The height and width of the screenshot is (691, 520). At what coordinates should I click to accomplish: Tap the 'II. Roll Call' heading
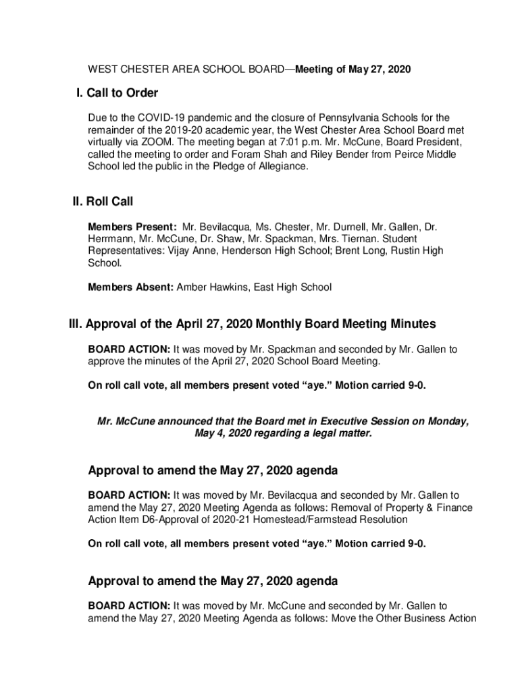[x=103, y=201]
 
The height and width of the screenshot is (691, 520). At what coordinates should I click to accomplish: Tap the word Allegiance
[x=283, y=167]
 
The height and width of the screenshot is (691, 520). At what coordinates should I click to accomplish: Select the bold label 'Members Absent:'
[x=131, y=287]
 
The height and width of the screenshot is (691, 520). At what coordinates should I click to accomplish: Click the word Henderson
[x=254, y=251]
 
